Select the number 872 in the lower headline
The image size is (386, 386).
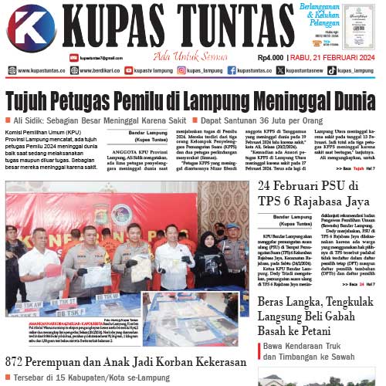pyautogui.click(x=19, y=362)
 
